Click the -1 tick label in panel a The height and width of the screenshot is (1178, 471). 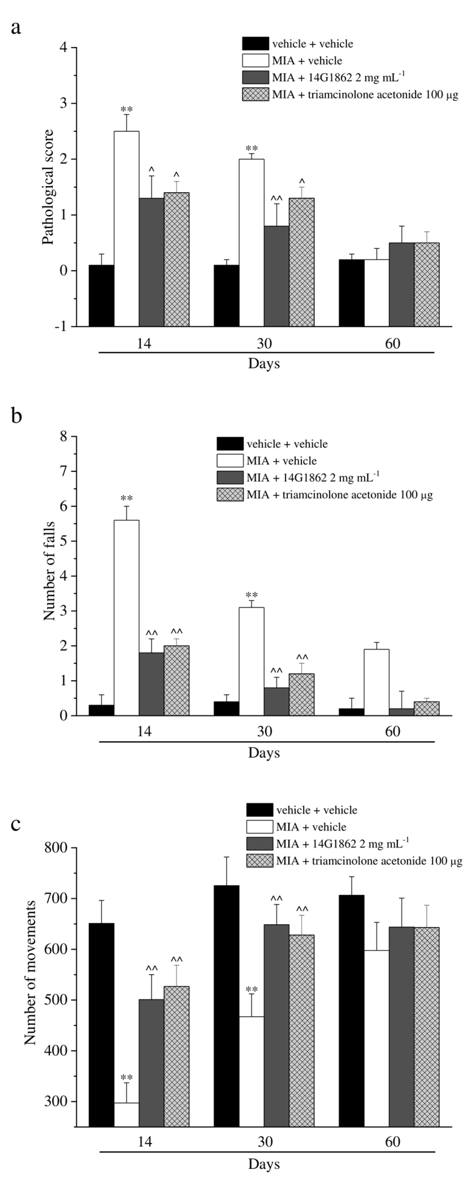click(61, 326)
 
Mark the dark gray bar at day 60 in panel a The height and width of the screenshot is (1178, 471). click(401, 284)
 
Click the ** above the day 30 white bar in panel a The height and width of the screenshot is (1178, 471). click(251, 149)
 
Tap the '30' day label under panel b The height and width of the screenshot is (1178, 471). click(264, 731)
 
